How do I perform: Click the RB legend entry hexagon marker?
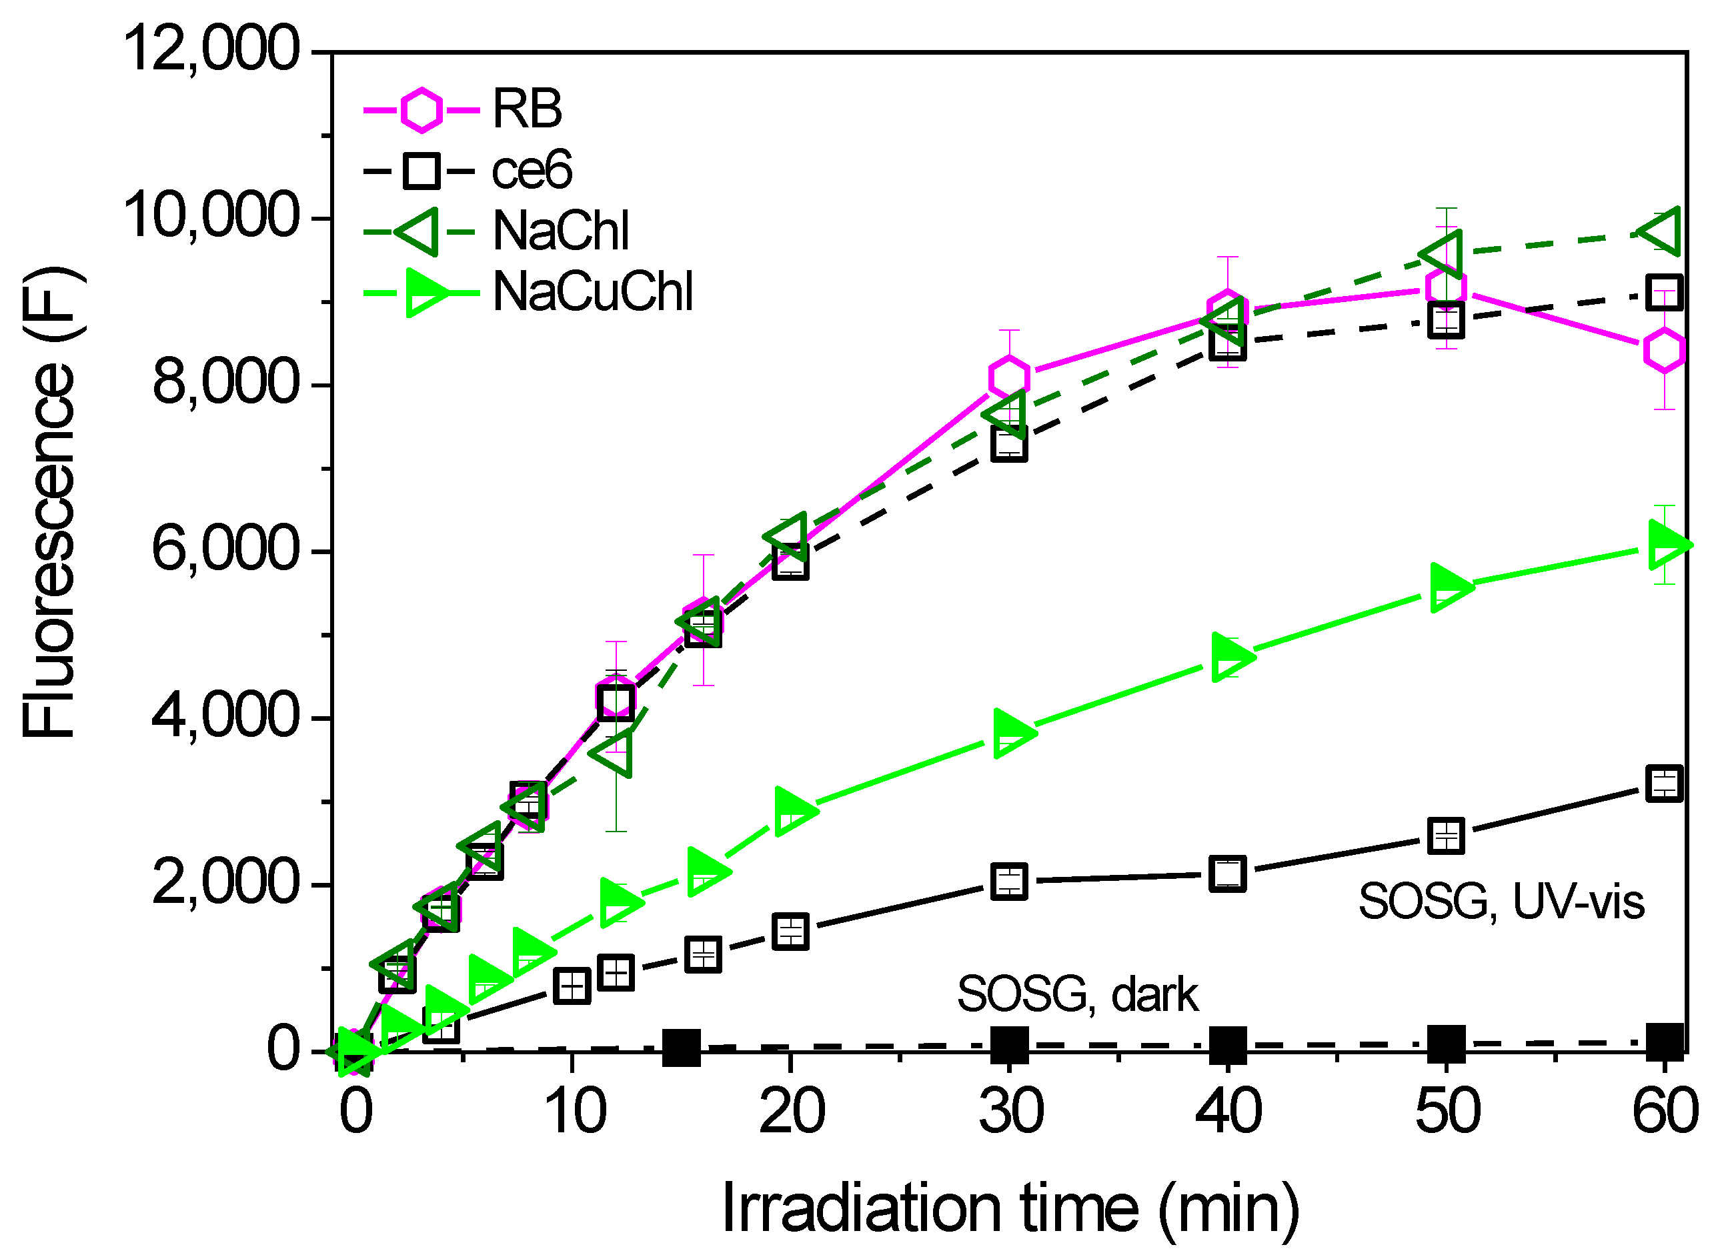[x=421, y=111]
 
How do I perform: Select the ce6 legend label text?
[x=531, y=171]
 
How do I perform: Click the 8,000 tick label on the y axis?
[x=225, y=383]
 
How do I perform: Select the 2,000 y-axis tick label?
[x=225, y=884]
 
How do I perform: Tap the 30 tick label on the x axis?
[x=1010, y=1112]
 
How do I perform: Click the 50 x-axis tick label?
[x=1447, y=1112]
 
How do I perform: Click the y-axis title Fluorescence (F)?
[x=49, y=503]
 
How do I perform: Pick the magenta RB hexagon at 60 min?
[x=1664, y=351]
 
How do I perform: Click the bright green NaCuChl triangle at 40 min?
[x=1228, y=656]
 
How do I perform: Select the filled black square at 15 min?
[x=681, y=1048]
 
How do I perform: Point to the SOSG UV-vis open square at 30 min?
[x=1010, y=882]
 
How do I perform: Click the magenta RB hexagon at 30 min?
[x=1010, y=377]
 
